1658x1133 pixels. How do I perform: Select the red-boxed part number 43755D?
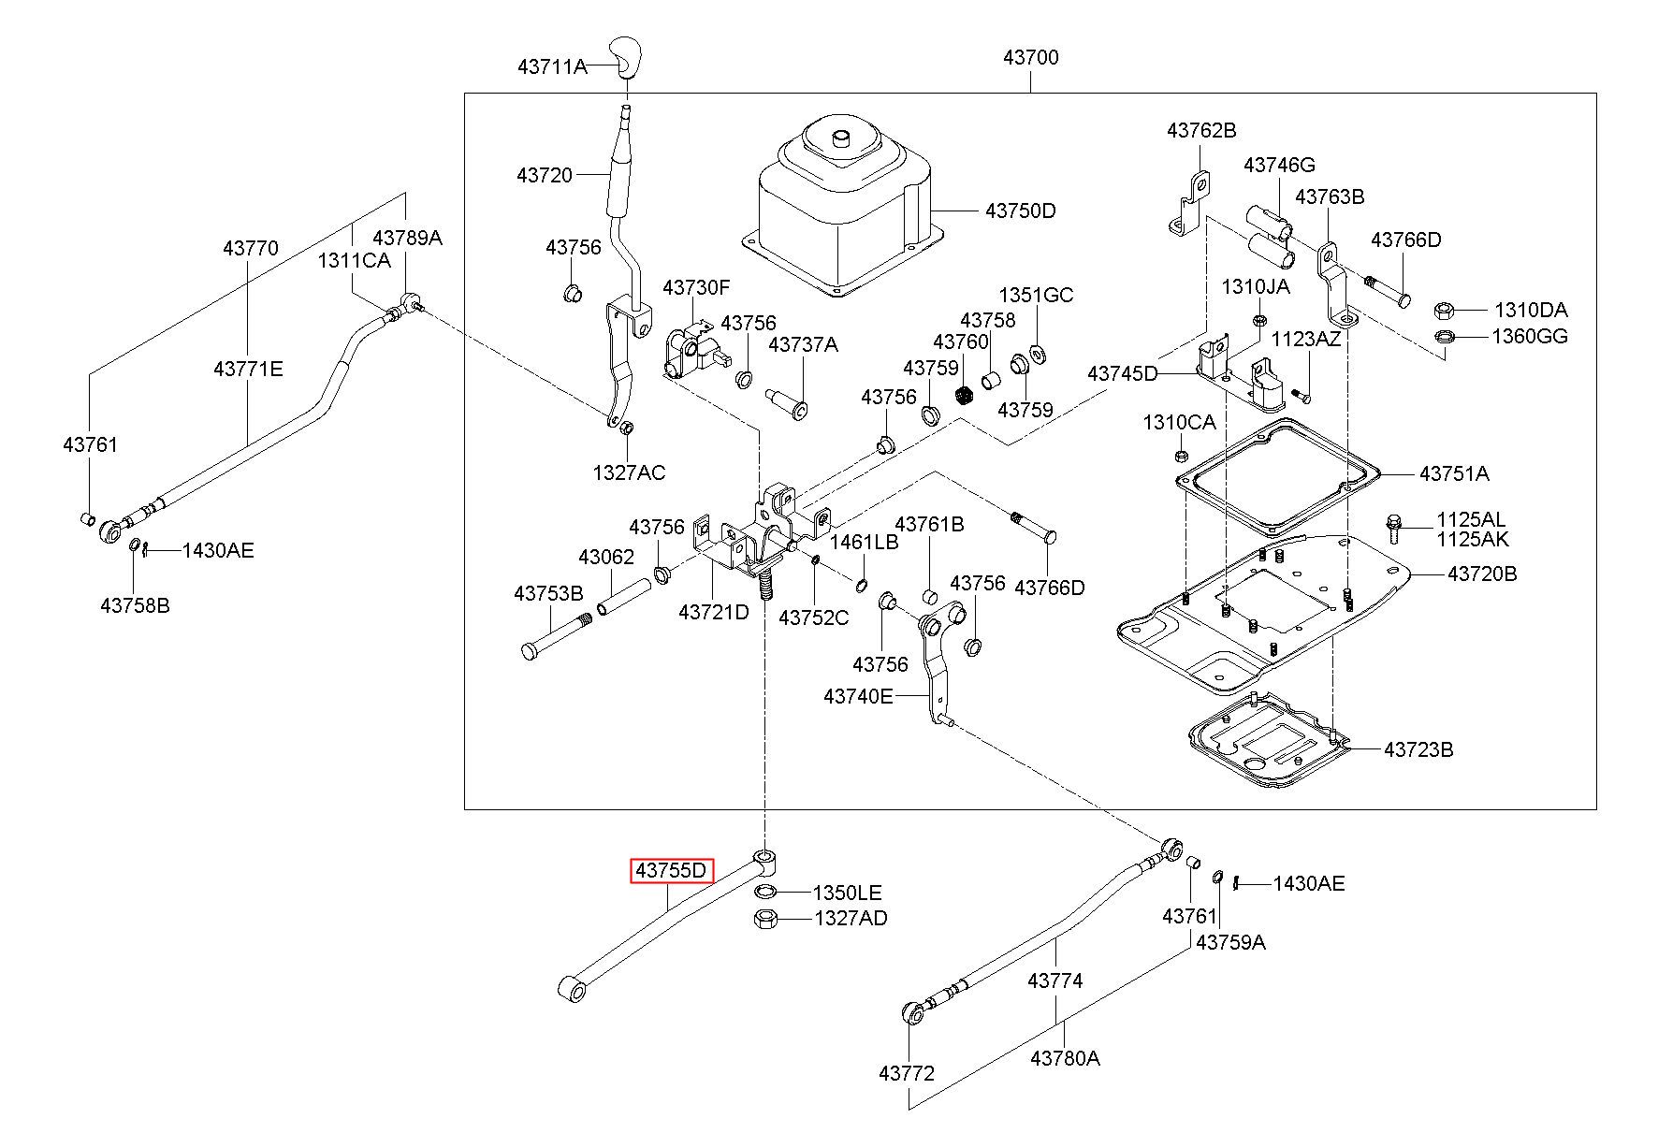coord(672,871)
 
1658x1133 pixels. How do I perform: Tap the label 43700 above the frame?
coord(1030,57)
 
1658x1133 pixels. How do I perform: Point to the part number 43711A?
coord(552,66)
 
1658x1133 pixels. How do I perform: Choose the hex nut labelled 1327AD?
coord(764,919)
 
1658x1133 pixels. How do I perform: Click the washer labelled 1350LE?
coord(765,892)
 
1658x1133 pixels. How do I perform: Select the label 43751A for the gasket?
coord(1454,473)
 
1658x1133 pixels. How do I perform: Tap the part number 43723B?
coord(1418,749)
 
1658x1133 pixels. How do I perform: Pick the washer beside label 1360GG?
coord(1443,337)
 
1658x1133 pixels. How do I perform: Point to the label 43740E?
coord(858,696)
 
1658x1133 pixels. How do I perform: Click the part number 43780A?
coord(1065,1058)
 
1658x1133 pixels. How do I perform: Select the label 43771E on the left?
coord(248,369)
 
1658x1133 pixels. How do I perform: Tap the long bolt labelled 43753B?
coord(558,634)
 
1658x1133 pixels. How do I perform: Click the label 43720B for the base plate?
coord(1482,574)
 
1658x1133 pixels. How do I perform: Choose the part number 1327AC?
coord(629,472)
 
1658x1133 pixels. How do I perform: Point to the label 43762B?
coord(1201,131)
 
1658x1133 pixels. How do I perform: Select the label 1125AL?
coord(1473,519)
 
